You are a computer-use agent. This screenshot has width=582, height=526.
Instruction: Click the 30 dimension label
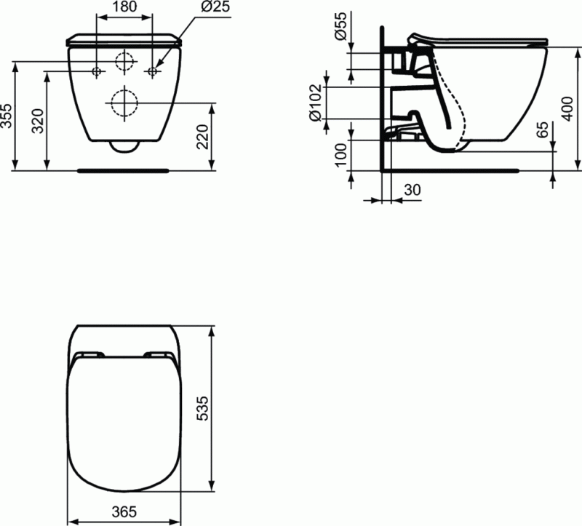(412, 190)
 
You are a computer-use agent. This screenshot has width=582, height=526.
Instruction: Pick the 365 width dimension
(126, 512)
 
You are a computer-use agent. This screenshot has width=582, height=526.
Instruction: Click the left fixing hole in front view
(96, 71)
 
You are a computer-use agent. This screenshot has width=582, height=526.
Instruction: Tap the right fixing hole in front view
(153, 71)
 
